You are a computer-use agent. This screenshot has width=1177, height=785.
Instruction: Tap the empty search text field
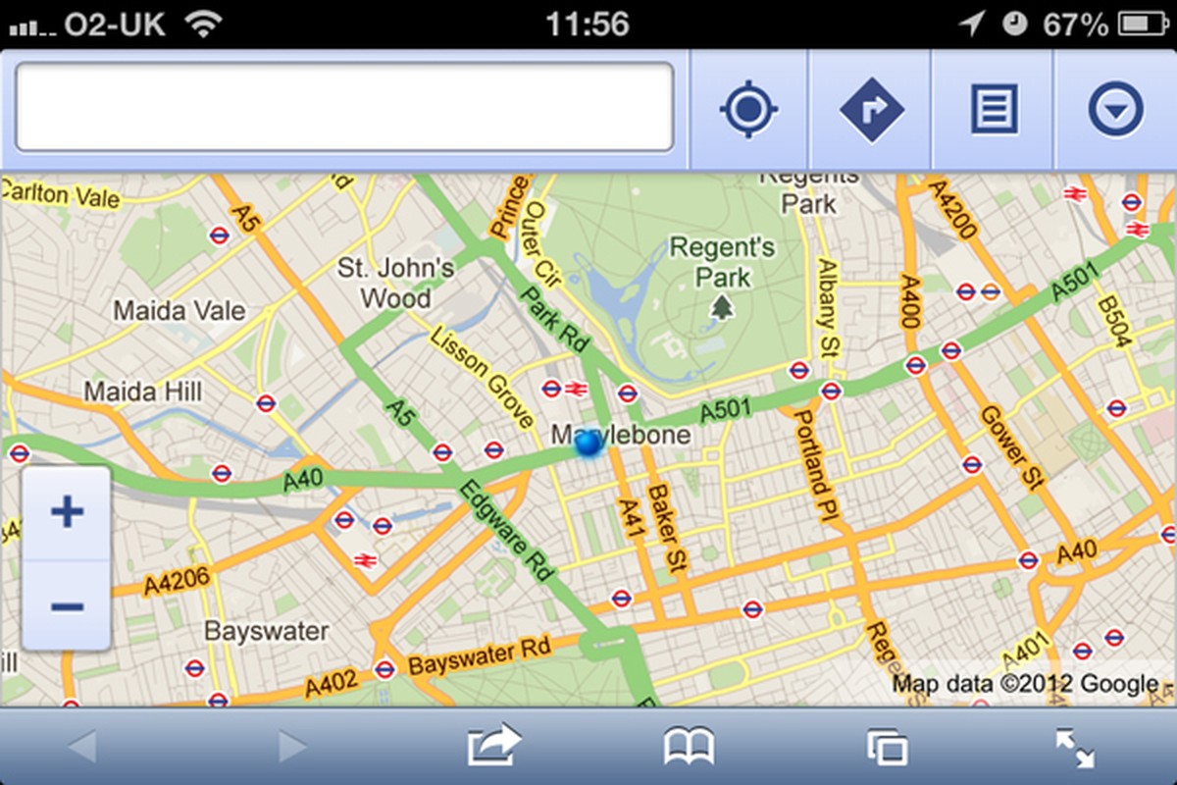click(x=344, y=108)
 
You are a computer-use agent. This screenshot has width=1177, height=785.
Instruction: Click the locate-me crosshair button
click(x=748, y=109)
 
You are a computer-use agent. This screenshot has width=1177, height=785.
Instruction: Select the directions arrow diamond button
click(x=871, y=109)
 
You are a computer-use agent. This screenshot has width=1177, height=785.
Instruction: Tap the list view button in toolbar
click(x=994, y=109)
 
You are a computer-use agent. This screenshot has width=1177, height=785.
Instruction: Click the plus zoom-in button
click(x=67, y=512)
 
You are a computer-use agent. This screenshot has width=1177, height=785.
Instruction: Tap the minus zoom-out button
click(x=67, y=605)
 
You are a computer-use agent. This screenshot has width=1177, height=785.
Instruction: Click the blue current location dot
click(x=588, y=444)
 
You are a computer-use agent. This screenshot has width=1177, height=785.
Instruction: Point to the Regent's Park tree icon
click(x=723, y=309)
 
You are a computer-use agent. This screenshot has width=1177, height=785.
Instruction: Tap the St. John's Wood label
click(x=395, y=283)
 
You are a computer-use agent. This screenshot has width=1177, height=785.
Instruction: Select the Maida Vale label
click(x=179, y=311)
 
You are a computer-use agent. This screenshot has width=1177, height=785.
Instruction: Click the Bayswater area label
click(x=266, y=630)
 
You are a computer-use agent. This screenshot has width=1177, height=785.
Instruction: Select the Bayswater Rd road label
click(x=481, y=656)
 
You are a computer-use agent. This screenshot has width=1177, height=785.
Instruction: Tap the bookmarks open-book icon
click(x=689, y=748)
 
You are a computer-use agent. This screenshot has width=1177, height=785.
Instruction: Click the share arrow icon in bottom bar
click(x=493, y=746)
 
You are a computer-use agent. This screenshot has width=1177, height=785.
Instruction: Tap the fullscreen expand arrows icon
click(x=1075, y=749)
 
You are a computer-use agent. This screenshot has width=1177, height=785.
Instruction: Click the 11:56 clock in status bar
click(x=587, y=24)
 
